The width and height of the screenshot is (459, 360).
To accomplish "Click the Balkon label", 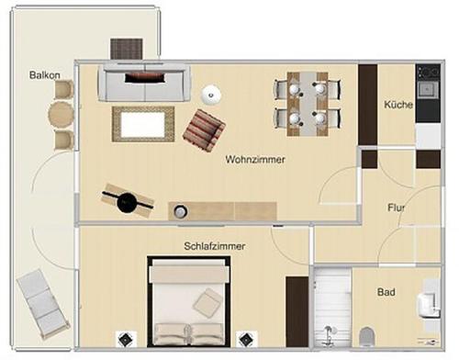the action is [45, 75].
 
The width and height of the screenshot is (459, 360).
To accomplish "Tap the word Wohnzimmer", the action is [255, 160].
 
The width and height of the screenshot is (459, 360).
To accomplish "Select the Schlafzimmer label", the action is [215, 246].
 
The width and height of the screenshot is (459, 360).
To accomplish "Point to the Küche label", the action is [398, 105].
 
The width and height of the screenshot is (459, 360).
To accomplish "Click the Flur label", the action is [397, 208].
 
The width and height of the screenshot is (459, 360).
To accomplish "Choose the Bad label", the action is [386, 292].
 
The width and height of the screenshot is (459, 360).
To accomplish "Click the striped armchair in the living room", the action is [204, 130].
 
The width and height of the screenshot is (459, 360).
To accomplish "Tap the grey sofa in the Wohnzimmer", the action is [144, 83].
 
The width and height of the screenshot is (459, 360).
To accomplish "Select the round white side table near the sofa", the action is [211, 94].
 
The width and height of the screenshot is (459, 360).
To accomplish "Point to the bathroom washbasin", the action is [428, 304].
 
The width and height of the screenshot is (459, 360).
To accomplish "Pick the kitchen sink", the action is [427, 89].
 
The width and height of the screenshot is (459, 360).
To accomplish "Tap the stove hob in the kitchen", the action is [428, 73].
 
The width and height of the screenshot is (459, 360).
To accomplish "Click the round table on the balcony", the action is [61, 115].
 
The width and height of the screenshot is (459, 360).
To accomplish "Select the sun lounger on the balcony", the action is [43, 304].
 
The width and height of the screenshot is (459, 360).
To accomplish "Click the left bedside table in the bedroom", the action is [127, 339].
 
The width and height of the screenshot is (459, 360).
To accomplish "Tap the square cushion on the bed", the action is [207, 301].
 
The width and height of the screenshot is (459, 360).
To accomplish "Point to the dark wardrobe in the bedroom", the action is [297, 311].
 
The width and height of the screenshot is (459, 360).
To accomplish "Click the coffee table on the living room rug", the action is [143, 125].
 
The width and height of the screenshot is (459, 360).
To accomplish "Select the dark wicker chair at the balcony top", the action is [127, 49].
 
